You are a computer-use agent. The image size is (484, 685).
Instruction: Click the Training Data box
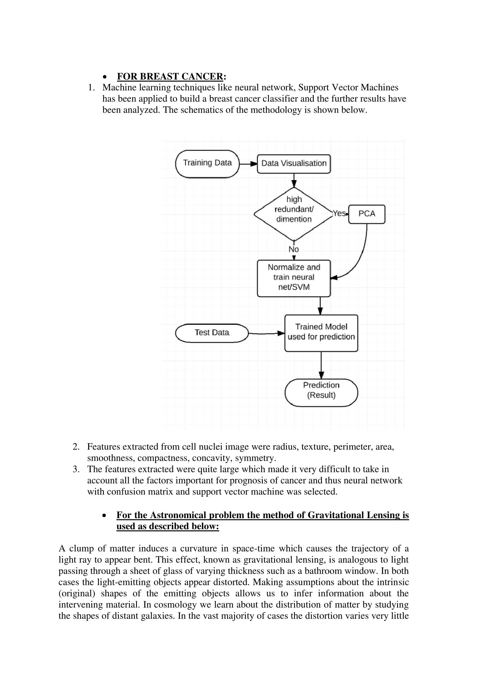pyautogui.click(x=207, y=164)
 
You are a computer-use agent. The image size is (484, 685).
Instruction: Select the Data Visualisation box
pyautogui.click(x=294, y=164)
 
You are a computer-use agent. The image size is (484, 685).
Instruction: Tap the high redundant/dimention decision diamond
pyautogui.click(x=294, y=213)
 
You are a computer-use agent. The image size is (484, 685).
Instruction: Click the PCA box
pyautogui.click(x=367, y=214)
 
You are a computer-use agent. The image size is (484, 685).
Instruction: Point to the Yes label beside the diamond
pyautogui.click(x=339, y=213)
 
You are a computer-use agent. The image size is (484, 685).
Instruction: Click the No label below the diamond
pyautogui.click(x=294, y=249)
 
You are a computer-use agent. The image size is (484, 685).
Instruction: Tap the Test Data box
pyautogui.click(x=212, y=333)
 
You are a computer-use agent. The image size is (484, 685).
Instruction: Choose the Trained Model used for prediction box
pyautogui.click(x=321, y=333)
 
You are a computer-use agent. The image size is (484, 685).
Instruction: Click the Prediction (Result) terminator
pyautogui.click(x=321, y=392)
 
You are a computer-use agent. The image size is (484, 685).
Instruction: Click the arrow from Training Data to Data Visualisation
pyautogui.click(x=248, y=164)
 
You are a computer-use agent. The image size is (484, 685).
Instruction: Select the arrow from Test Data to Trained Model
pyautogui.click(x=266, y=333)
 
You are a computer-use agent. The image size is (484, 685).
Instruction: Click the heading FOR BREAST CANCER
pyautogui.click(x=170, y=77)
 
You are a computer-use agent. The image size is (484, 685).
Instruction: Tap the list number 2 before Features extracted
pyautogui.click(x=76, y=447)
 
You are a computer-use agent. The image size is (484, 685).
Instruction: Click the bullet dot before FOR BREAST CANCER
pyautogui.click(x=104, y=77)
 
